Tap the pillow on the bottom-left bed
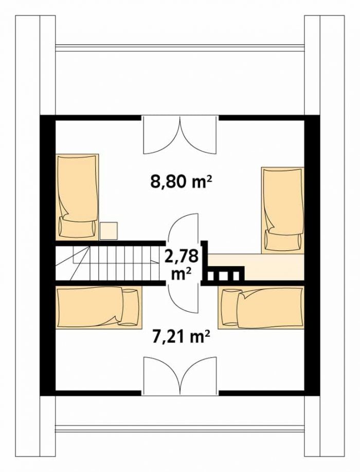click(130, 307)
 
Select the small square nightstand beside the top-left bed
click(109, 231)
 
